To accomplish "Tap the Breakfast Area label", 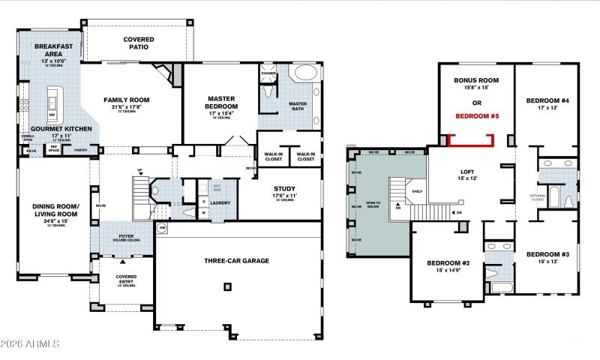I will click(x=51, y=50).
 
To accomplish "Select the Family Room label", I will click(x=126, y=100).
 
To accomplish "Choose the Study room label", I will click(x=285, y=189).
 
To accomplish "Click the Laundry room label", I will click(x=220, y=202).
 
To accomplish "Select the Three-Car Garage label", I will click(x=236, y=261).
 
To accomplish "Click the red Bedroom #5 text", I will click(x=477, y=117).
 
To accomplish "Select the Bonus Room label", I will click(x=476, y=79).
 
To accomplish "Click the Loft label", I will click(x=467, y=172).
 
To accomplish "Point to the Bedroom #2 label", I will click(x=448, y=263).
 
